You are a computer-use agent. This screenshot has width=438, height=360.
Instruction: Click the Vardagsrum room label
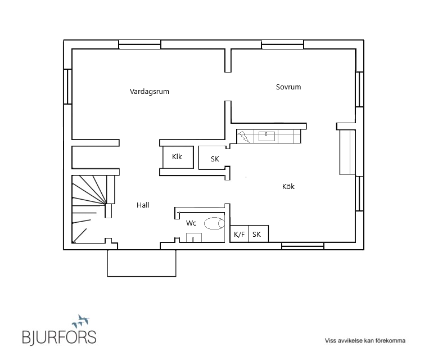point(150,91)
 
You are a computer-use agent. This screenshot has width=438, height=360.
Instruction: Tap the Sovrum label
point(288,87)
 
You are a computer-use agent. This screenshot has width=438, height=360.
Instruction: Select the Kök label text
point(288,186)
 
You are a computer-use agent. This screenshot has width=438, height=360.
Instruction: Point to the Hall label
point(143,205)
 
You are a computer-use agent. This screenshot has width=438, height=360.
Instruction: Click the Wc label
point(191,223)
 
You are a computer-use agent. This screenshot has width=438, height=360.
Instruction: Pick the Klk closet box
point(178,157)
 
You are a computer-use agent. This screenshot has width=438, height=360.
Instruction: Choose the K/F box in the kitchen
point(240,233)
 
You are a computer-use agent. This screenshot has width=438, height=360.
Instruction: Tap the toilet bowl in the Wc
point(214,224)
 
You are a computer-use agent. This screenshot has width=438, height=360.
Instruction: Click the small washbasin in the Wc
point(194,237)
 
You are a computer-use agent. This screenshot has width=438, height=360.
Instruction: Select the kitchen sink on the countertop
point(267,136)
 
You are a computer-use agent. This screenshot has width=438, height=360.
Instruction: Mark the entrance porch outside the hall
point(142,263)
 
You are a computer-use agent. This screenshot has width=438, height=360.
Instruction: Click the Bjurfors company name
point(59,337)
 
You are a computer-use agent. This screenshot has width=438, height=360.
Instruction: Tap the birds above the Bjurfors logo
point(81,321)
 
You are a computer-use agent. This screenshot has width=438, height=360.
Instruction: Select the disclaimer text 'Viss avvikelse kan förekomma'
point(365,341)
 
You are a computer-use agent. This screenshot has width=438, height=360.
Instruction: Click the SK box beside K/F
point(259,233)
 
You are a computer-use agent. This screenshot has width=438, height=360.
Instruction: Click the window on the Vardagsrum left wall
point(68,87)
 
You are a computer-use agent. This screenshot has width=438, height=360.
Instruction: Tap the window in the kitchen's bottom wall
point(302,246)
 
